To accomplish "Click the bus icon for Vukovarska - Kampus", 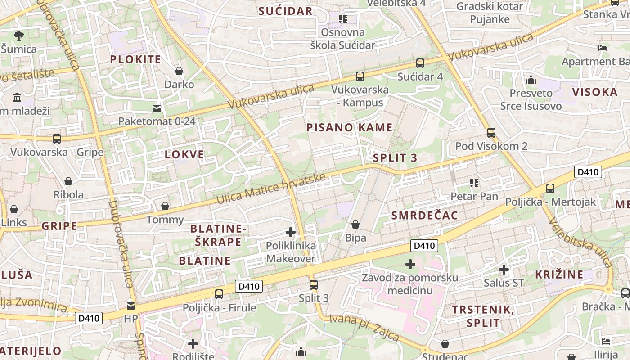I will [x=360, y=76].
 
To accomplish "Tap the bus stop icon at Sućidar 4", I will [x=420, y=63].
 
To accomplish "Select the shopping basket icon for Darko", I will [x=179, y=71].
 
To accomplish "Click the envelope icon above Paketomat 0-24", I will [x=157, y=108].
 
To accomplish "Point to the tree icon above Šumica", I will [x=18, y=36].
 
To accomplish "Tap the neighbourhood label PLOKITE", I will [x=135, y=59].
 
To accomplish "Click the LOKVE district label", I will [x=184, y=155].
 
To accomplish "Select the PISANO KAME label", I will [x=350, y=127].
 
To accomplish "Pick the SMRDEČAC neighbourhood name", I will [x=425, y=216].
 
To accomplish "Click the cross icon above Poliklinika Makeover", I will [x=291, y=233].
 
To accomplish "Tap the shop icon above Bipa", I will [x=355, y=224].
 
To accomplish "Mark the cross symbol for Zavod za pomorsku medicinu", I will [x=410, y=264].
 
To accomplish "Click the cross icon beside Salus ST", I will [x=504, y=270].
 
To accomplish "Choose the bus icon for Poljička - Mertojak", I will [x=550, y=189].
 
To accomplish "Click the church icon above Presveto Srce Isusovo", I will [x=531, y=80].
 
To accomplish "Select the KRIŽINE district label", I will [x=559, y=274].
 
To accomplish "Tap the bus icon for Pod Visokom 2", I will [x=491, y=133].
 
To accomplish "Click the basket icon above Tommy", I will [x=165, y=206].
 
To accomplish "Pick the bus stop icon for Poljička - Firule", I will [x=219, y=294].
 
